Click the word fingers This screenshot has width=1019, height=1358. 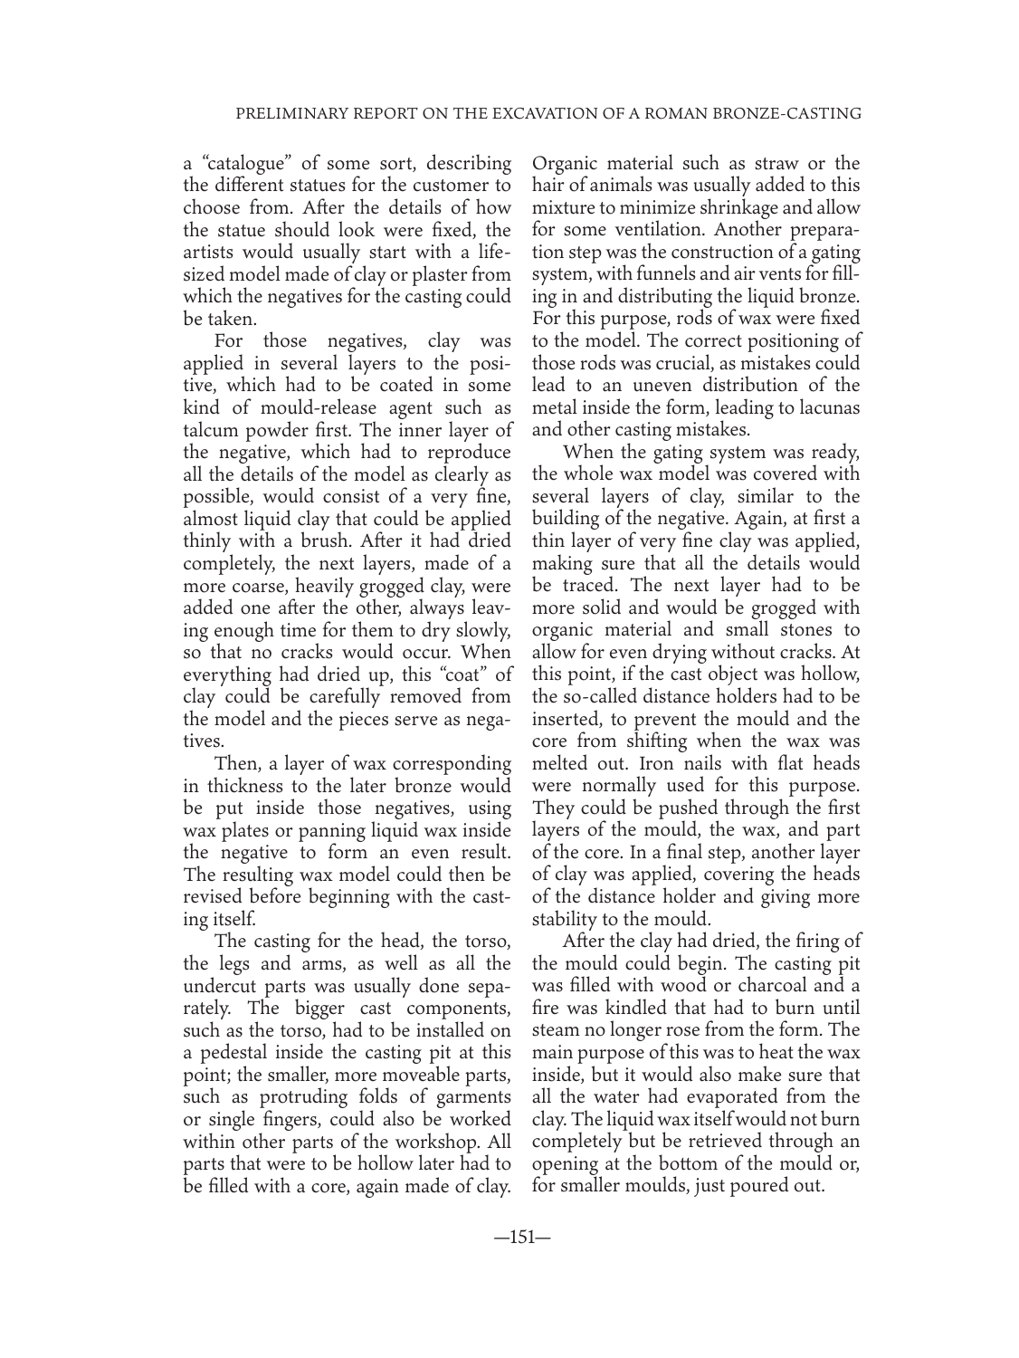coord(282,1098)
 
